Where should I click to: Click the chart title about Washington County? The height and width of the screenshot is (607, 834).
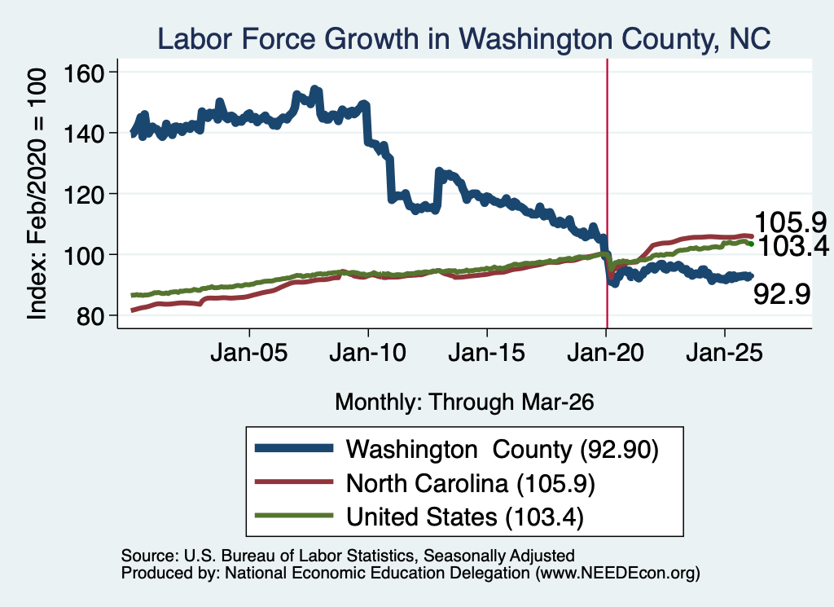tap(463, 39)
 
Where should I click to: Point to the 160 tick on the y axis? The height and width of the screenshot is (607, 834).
tap(84, 73)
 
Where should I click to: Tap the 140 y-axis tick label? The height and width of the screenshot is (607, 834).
tap(84, 134)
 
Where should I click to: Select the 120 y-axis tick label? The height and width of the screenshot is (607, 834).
tap(84, 195)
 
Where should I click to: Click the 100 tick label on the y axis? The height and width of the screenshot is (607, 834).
tap(84, 255)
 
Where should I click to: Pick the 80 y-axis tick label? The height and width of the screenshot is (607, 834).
tap(90, 316)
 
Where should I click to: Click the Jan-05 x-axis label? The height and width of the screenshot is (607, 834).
tap(249, 353)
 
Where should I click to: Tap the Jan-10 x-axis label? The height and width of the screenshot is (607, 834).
tap(367, 353)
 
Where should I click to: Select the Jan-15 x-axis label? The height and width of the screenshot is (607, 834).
tap(487, 353)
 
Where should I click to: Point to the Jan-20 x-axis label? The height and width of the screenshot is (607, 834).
tap(605, 353)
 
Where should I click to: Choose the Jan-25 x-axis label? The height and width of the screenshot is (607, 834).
tap(724, 353)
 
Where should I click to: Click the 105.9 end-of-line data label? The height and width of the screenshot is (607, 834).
tap(790, 222)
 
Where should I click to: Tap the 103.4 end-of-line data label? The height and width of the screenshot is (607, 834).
tap(793, 246)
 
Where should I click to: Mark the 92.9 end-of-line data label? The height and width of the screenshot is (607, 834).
tap(782, 293)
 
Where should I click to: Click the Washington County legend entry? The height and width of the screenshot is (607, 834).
tap(456, 450)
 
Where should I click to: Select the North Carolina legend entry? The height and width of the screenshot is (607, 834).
tap(424, 483)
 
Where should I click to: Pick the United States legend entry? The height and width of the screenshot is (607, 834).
tap(419, 517)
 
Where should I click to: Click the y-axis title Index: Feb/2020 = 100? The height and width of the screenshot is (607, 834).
tap(37, 194)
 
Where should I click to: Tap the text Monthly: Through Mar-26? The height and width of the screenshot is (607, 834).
tap(464, 402)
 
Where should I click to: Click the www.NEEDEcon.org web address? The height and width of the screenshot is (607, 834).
tap(617, 573)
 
